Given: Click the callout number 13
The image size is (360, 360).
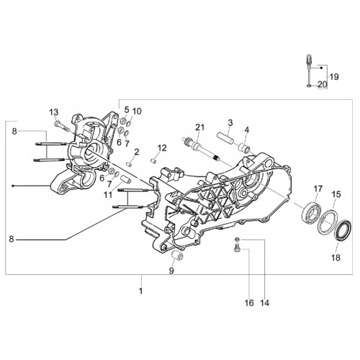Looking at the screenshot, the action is [x=54, y=112].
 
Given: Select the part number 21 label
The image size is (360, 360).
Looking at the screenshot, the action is [x=199, y=127].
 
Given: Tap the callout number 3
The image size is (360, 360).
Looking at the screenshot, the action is [x=230, y=123].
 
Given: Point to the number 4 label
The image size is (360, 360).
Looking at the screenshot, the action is [x=247, y=130].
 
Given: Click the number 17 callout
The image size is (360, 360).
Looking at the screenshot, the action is [x=318, y=189].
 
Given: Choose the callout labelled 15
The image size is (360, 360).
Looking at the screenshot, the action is [x=336, y=194].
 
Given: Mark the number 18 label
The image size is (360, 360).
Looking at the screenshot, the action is [x=336, y=258].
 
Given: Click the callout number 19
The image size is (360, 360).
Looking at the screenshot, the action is [x=334, y=77].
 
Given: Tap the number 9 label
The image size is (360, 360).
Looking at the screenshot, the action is [x=171, y=271].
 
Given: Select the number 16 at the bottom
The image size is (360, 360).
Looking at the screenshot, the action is [x=249, y=303].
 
